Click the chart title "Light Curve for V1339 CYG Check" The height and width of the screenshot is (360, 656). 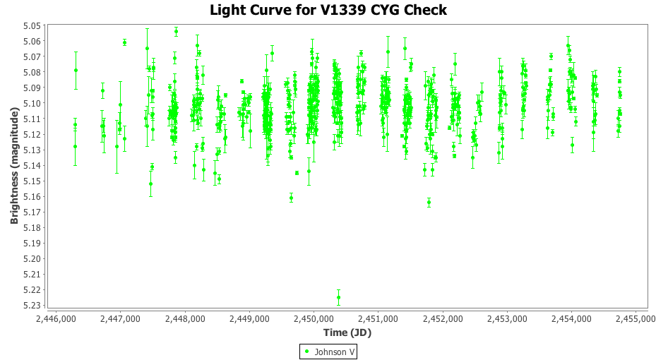[x=328, y=10]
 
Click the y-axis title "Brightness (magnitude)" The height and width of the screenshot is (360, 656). [x=14, y=165]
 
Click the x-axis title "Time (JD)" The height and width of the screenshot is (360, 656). [x=347, y=332]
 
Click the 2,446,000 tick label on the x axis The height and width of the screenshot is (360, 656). [x=56, y=319]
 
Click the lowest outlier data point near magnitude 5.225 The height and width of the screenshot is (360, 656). [x=338, y=297]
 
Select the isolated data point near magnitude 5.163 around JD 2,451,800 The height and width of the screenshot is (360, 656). [x=429, y=202]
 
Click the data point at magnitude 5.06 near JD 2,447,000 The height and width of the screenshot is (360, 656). [x=124, y=42]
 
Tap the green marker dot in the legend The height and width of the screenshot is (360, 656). [x=307, y=352]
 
